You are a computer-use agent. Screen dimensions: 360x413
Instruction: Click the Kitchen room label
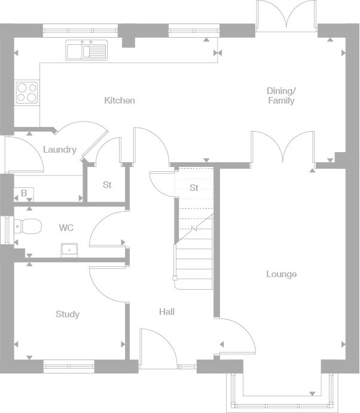(120, 101)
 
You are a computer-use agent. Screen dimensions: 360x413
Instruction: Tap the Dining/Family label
(281, 96)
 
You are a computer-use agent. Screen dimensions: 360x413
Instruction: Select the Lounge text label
(281, 274)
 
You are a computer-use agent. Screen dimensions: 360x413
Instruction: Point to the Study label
(68, 314)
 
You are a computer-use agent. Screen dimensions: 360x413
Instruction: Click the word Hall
(167, 312)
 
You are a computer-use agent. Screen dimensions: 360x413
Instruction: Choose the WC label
(66, 228)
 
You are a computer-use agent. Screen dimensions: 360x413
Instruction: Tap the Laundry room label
(60, 150)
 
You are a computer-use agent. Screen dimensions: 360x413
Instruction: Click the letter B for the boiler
(24, 193)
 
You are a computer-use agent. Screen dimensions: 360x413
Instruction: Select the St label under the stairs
(194, 188)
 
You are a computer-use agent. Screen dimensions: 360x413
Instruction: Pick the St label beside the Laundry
(107, 185)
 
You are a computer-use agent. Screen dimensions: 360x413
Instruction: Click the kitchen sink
(87, 50)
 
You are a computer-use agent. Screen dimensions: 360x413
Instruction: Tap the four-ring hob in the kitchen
(26, 92)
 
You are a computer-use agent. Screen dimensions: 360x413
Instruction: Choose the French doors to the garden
(286, 14)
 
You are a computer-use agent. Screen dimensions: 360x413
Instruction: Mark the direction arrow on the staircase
(194, 229)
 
